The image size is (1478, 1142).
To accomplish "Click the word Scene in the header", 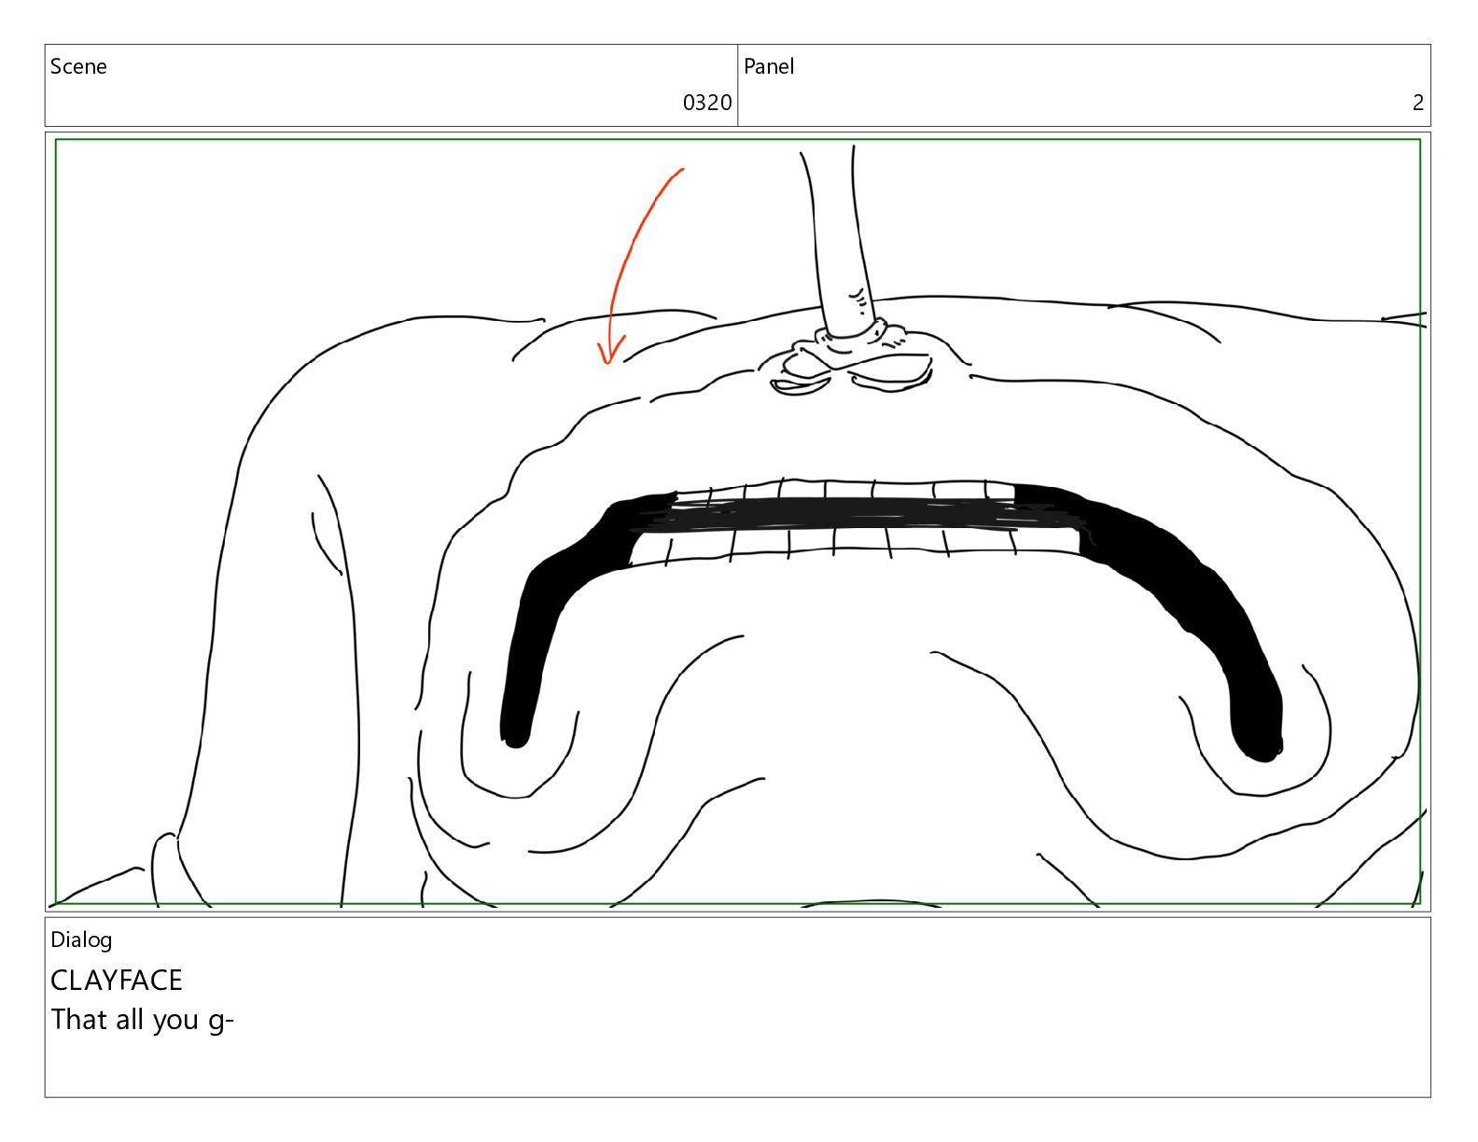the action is (78, 66).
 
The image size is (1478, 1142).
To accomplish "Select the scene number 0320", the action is (706, 103).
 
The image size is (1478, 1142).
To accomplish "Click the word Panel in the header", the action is (769, 66).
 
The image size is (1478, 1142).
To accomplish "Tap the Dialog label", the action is (81, 940).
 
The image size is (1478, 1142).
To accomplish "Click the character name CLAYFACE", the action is (117, 981).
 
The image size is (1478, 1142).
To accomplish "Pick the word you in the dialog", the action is (175, 1023).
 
